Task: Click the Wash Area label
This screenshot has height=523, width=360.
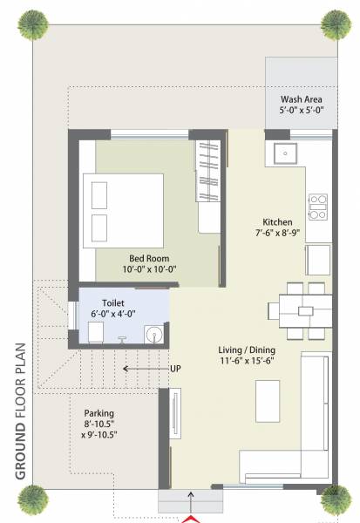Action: (300, 99)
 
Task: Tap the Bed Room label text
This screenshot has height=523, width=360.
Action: (149, 258)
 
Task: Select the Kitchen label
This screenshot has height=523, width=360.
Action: (277, 221)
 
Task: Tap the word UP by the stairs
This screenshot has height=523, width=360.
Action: (176, 368)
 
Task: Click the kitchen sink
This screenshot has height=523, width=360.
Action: (285, 154)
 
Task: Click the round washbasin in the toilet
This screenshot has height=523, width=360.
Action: (154, 333)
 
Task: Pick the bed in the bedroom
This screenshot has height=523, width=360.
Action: (123, 208)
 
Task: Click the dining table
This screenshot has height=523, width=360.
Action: (300, 309)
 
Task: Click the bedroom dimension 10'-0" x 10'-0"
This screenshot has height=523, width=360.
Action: (149, 269)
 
